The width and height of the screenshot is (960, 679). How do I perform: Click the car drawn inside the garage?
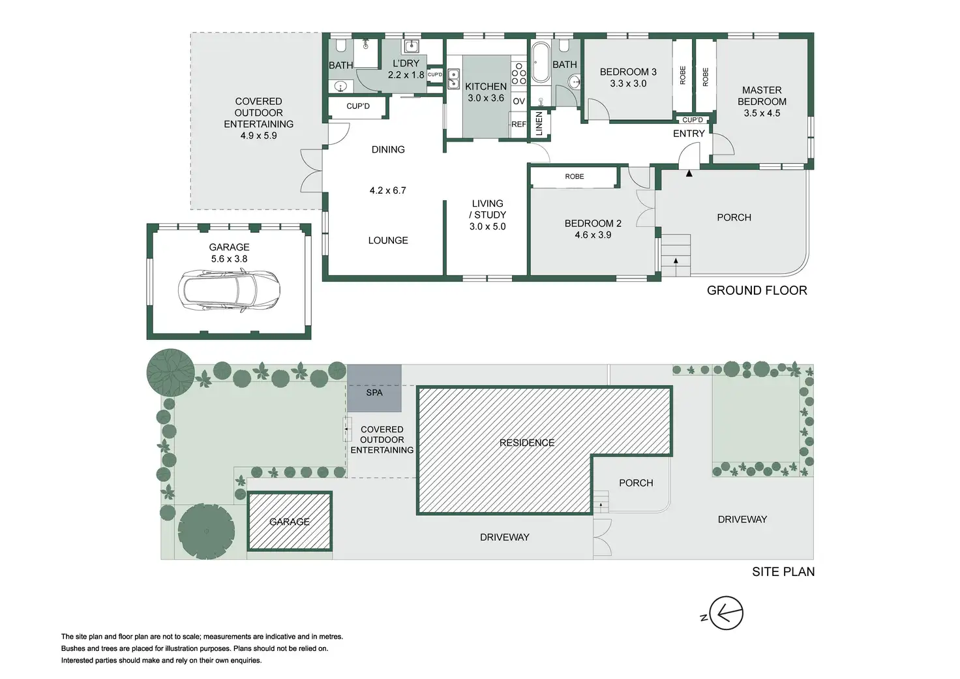click(229, 290)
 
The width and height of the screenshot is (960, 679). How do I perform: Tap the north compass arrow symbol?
click(725, 613)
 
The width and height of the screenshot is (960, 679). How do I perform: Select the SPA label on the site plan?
click(374, 393)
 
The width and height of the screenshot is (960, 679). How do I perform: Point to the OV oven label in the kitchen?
click(519, 101)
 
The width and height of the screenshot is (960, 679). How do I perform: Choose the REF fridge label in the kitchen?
click(518, 124)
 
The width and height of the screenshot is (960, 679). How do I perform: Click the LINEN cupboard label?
click(539, 124)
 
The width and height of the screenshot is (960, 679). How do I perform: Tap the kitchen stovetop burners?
click(519, 73)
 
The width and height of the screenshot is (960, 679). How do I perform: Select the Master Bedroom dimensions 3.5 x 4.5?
click(762, 113)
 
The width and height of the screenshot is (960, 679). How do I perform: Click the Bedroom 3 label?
click(628, 72)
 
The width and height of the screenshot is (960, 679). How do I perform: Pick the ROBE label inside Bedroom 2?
click(575, 177)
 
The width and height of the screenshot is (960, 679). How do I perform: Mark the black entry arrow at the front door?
click(689, 174)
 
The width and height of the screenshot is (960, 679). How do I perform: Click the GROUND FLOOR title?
click(757, 290)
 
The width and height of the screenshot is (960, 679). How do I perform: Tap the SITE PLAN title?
click(783, 571)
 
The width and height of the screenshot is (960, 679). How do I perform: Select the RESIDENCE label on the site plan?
click(527, 443)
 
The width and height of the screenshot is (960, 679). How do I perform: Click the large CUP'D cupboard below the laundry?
click(358, 106)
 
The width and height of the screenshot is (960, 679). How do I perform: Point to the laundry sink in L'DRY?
click(412, 46)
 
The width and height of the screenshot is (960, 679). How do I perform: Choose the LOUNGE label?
click(388, 240)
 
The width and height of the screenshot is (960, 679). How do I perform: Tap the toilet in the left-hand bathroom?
click(341, 46)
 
